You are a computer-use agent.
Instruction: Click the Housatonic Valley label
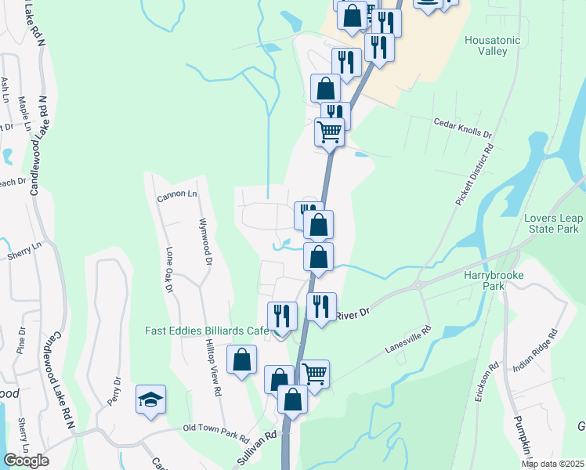[x=497, y=45]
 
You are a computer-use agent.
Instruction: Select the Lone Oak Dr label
[x=168, y=271]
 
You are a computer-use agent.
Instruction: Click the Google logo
[x=26, y=461]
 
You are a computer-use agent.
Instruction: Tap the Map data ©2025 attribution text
[x=552, y=464]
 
